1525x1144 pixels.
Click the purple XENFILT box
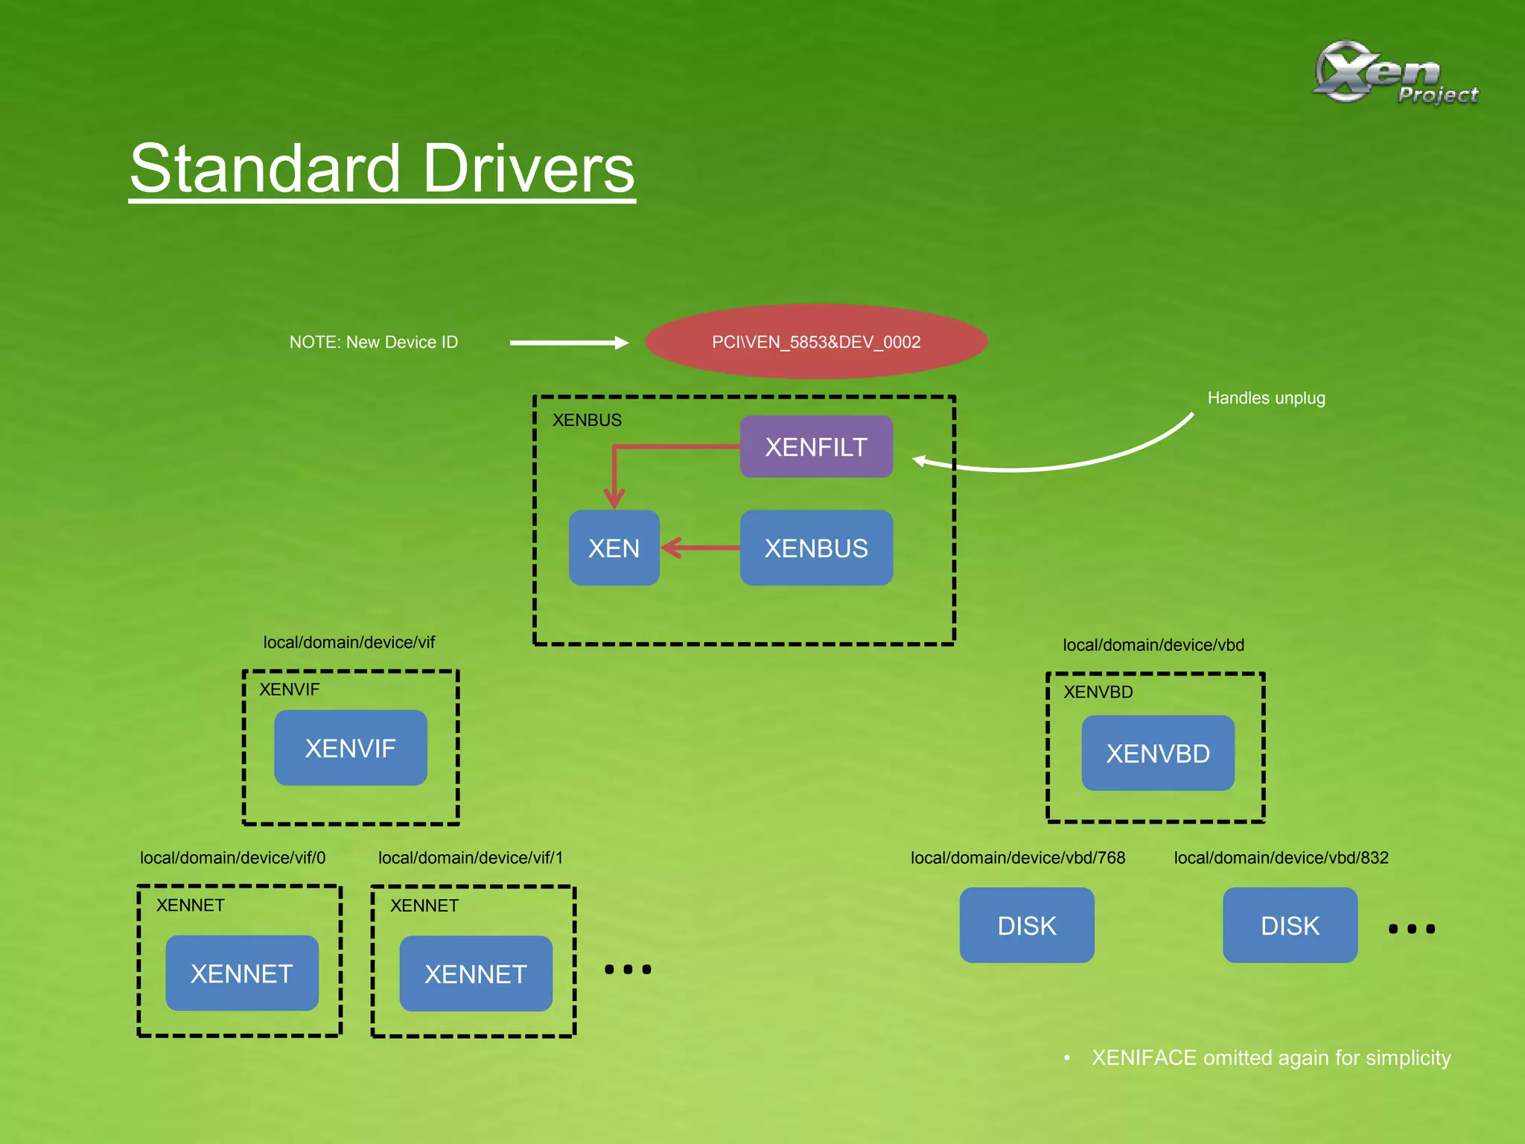[816, 447]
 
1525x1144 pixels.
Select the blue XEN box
[614, 548]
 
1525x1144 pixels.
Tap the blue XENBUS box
[816, 548]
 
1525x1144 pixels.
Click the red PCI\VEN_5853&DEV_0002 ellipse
[816, 342]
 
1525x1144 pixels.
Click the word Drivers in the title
[529, 169]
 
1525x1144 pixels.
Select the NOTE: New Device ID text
[374, 342]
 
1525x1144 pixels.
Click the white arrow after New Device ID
[569, 343]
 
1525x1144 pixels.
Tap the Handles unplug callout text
[1266, 398]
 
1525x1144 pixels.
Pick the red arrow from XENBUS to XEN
[700, 548]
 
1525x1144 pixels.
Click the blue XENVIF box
[350, 748]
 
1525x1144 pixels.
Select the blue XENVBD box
[1158, 753]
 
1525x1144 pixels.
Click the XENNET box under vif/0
[242, 973]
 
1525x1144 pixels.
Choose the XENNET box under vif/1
[476, 973]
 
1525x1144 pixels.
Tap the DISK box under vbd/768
[1027, 925]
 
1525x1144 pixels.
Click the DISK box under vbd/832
[1290, 925]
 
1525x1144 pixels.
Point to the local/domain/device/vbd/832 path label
[1281, 857]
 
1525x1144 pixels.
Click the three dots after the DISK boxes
[1411, 929]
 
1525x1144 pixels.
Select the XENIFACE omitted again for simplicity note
[1270, 1058]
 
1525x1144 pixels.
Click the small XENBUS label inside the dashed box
[587, 420]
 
